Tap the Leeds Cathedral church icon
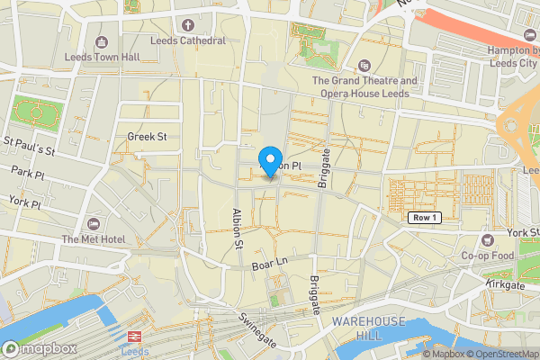188,25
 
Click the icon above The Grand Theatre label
364,66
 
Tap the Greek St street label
148,137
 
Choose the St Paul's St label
29,146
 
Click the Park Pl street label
27,171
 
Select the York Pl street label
23,204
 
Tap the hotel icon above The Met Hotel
94,223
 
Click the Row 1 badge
422,218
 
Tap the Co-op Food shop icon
488,240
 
